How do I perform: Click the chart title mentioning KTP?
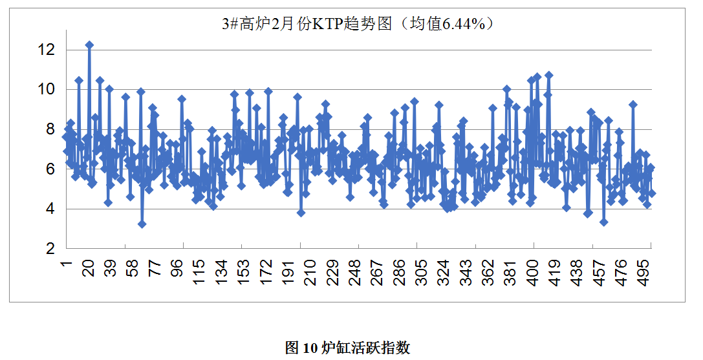click(358, 25)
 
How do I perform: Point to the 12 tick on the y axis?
click(47, 49)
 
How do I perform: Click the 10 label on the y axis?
click(47, 89)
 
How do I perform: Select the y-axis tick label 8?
click(50, 129)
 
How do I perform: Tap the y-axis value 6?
click(50, 169)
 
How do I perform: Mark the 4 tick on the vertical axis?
click(50, 209)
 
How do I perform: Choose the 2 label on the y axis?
click(50, 248)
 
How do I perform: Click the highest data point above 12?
click(89, 45)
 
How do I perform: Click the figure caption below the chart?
click(348, 348)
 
